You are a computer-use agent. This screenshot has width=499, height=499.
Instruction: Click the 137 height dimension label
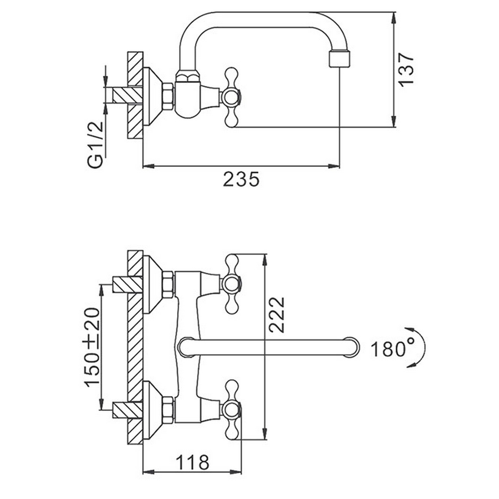[407, 69]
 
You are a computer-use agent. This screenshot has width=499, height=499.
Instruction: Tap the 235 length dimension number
[241, 180]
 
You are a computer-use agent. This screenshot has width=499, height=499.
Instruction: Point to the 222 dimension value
[277, 314]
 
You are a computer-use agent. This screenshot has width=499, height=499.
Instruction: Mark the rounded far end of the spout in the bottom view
[352, 347]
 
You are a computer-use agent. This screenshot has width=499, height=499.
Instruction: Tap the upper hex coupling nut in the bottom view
[168, 284]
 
